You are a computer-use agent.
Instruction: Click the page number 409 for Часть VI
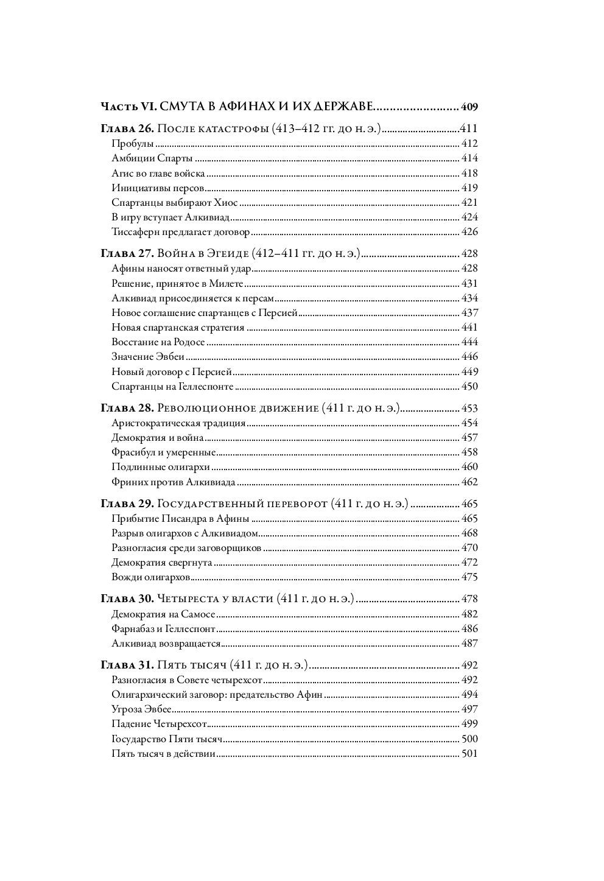click(x=469, y=107)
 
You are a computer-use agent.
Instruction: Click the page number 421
click(x=469, y=203)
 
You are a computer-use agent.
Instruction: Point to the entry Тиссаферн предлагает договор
click(x=181, y=232)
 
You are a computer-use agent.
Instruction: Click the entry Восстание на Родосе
click(x=160, y=342)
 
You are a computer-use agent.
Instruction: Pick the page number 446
click(x=469, y=357)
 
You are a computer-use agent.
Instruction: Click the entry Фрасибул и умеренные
click(x=164, y=452)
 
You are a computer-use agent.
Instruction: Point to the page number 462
click(x=469, y=482)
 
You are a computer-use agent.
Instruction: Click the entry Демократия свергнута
click(x=162, y=563)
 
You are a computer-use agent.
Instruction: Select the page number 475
click(x=469, y=577)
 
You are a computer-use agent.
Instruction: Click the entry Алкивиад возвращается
click(x=166, y=644)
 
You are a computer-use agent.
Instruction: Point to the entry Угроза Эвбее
click(x=142, y=709)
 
